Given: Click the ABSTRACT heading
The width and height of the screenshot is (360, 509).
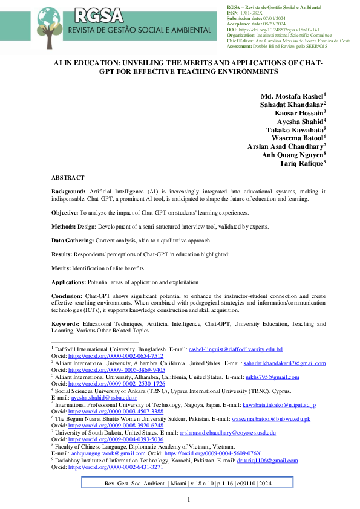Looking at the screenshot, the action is [x=68, y=178].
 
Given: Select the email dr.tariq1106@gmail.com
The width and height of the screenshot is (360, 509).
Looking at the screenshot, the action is [x=267, y=460].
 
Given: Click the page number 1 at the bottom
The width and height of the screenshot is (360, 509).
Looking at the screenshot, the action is [x=188, y=499].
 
